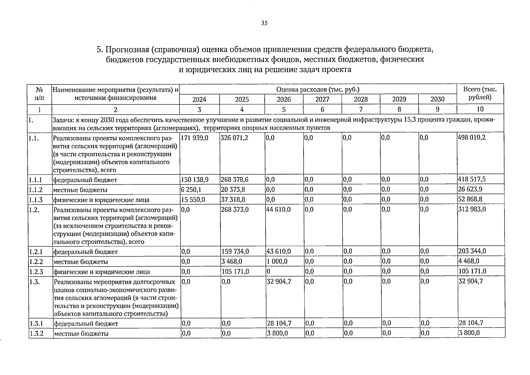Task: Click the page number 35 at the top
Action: pyautogui.click(x=264, y=23)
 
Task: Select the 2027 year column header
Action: pyautogui.click(x=322, y=99)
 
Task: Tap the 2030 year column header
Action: pyautogui.click(x=437, y=99)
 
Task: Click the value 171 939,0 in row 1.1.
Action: pyautogui.click(x=194, y=138)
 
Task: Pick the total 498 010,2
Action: pyautogui.click(x=472, y=138)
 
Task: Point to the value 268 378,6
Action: pyautogui.click(x=235, y=180)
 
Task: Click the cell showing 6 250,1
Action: pyautogui.click(x=191, y=190)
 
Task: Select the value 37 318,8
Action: pyautogui.click(x=233, y=200)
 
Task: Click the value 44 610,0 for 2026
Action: pyautogui.click(x=278, y=210)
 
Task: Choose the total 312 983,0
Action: pyautogui.click(x=472, y=209)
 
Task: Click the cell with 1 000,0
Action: pyautogui.click(x=277, y=261)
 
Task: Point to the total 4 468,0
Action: pyautogui.click(x=469, y=261)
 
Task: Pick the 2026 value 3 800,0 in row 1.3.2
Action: pyautogui.click(x=277, y=333)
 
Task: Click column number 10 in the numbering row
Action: pyautogui.click(x=480, y=109)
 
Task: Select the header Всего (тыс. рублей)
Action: pyautogui.click(x=480, y=93)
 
